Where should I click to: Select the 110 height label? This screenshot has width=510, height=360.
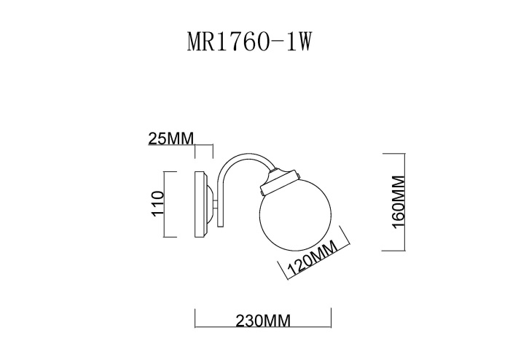[x=155, y=204]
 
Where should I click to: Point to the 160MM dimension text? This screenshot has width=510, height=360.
[x=397, y=203]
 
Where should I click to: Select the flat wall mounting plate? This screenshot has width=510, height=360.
[x=200, y=203]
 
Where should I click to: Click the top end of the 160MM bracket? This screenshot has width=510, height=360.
[x=393, y=154]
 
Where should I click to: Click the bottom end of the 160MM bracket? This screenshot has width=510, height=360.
[x=393, y=251]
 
